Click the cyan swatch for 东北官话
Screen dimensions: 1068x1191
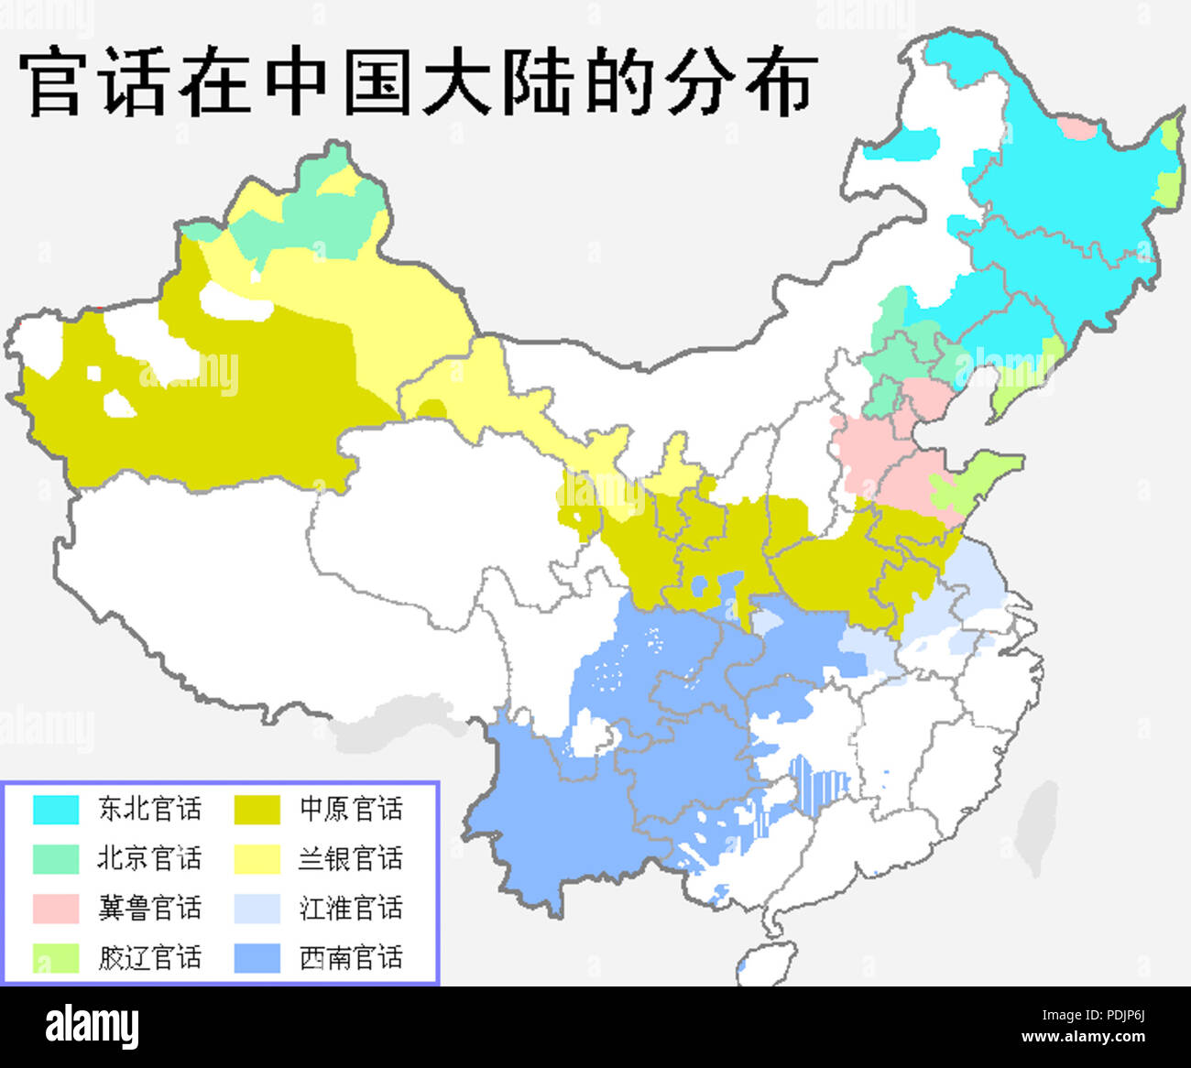point(56,810)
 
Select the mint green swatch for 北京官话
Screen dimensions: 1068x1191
point(56,859)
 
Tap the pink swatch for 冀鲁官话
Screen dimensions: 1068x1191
point(56,909)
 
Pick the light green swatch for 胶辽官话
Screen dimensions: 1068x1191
point(56,958)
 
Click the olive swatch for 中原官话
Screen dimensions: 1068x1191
point(257,810)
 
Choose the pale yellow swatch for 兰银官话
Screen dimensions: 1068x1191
point(257,859)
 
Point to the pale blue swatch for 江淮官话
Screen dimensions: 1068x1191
point(257,909)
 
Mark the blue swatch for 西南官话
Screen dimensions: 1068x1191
point(257,958)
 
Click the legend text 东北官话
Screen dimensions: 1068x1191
point(149,810)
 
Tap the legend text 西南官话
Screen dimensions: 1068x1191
point(351,958)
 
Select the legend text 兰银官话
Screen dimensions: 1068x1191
point(351,859)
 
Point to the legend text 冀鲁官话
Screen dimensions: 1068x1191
point(149,909)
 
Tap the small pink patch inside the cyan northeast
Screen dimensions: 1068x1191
point(1077,128)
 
